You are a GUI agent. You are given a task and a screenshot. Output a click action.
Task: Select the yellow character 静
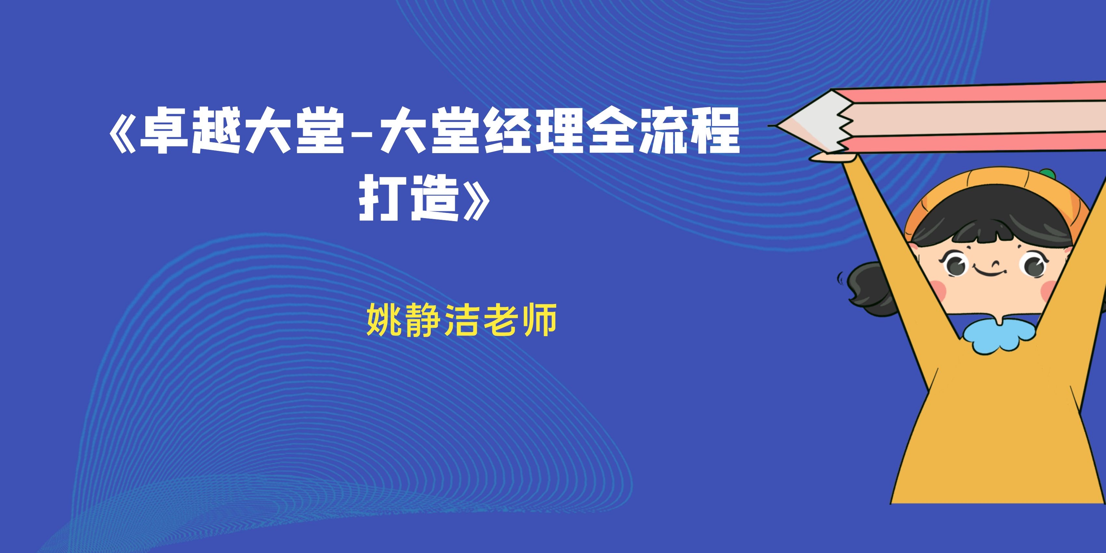point(423,320)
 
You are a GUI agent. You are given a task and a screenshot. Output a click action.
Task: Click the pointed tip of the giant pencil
point(770,126)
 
